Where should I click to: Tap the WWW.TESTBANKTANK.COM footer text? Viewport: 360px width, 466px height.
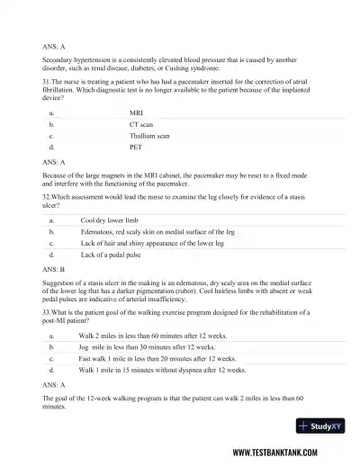click(291, 453)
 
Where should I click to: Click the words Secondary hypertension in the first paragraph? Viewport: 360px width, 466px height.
click(75, 59)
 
